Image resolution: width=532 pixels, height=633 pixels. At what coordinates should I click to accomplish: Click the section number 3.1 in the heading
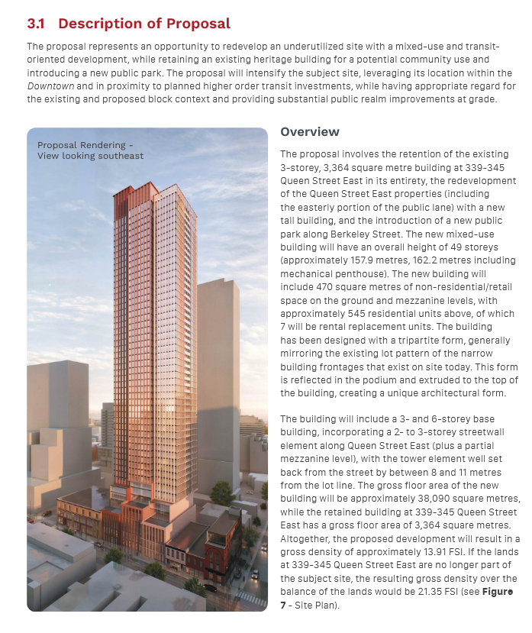(x=35, y=24)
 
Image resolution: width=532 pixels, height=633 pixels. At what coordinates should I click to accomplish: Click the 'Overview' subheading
(x=310, y=132)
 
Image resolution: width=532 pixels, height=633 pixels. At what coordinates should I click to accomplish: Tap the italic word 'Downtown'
(x=51, y=86)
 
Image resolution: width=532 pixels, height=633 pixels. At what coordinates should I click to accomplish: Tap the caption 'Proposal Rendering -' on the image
(x=85, y=145)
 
